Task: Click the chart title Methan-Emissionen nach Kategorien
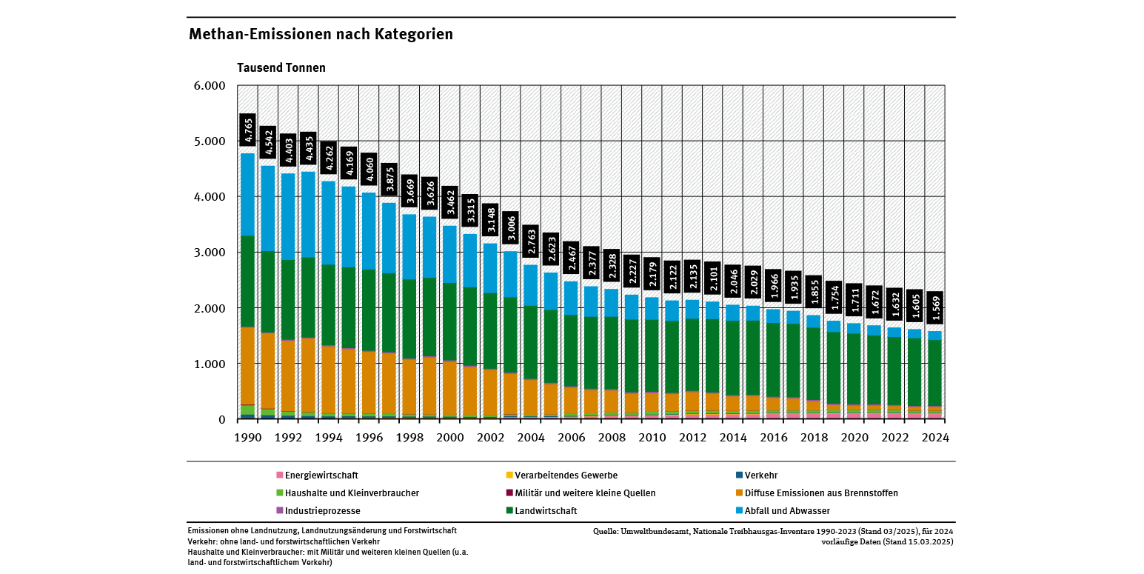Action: [321, 35]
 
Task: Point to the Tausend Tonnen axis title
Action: [281, 67]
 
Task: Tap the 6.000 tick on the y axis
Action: [210, 86]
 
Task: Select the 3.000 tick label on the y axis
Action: [210, 253]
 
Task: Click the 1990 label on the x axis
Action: [247, 438]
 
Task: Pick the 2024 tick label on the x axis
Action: [934, 438]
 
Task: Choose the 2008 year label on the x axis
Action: [611, 438]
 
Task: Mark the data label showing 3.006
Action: [510, 228]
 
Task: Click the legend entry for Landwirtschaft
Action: [546, 511]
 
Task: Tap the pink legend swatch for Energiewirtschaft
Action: [279, 475]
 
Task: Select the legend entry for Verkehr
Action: [760, 475]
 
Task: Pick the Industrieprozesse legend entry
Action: [322, 511]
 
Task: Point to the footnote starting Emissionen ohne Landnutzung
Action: [322, 531]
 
